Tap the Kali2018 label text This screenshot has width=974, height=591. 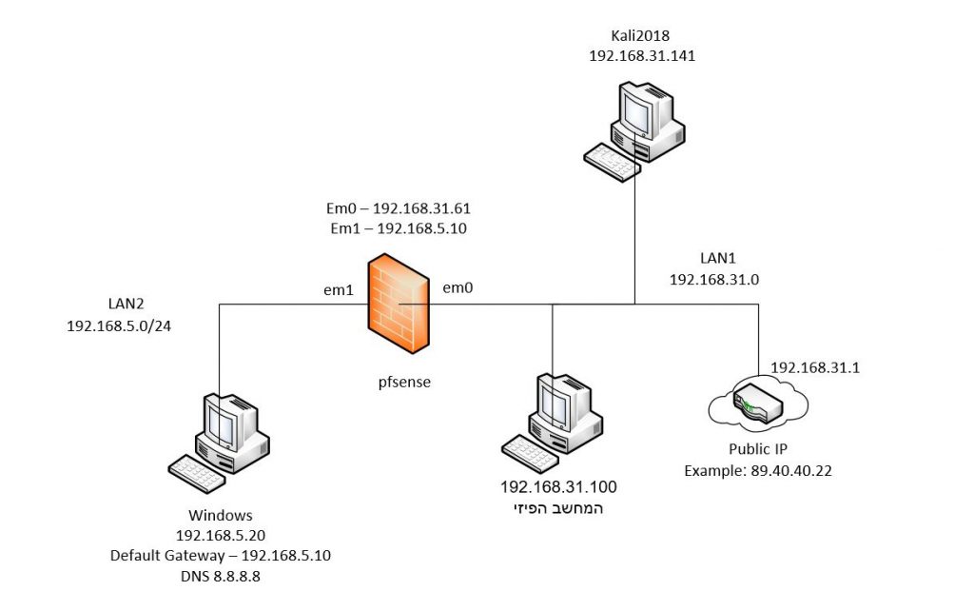(642, 36)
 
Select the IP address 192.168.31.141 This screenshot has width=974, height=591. (642, 56)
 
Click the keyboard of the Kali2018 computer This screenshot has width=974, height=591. (612, 162)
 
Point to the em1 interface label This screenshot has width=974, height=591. (339, 288)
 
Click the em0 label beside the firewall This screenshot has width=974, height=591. (458, 286)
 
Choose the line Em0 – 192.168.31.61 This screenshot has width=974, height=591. (398, 208)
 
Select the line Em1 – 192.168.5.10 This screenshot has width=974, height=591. (398, 228)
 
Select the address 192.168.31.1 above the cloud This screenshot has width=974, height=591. (815, 367)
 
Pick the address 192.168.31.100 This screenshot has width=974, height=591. (558, 487)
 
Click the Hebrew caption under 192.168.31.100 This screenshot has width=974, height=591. (559, 508)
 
